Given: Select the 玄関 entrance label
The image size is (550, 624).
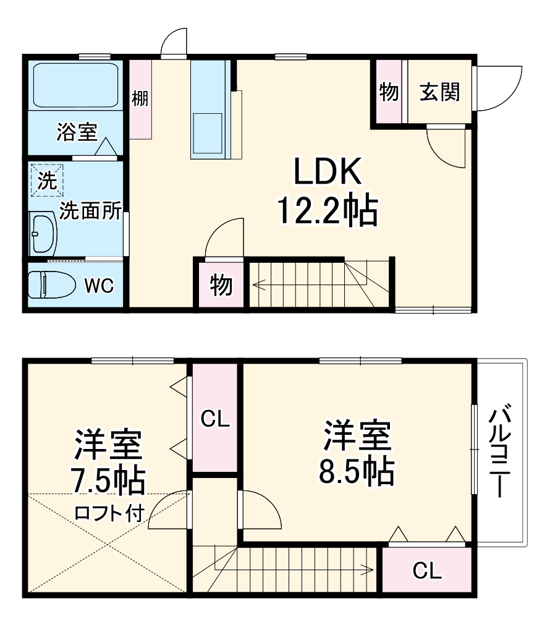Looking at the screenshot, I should [x=440, y=92].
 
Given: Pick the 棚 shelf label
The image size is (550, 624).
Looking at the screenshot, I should [x=140, y=98].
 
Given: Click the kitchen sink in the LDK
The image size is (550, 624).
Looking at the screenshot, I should [x=207, y=132].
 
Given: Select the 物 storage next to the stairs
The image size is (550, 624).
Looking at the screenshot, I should [x=221, y=285].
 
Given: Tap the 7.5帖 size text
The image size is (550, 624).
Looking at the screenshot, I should [x=108, y=481].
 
